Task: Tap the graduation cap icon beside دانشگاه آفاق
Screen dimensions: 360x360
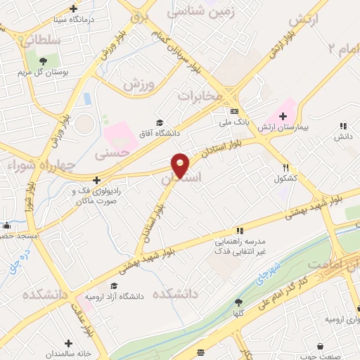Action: [x=160, y=122]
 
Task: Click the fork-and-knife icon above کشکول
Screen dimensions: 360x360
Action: [x=285, y=167]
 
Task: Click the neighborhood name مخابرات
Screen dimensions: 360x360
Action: [x=199, y=94]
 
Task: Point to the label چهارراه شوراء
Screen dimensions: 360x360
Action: [x=31, y=167]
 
